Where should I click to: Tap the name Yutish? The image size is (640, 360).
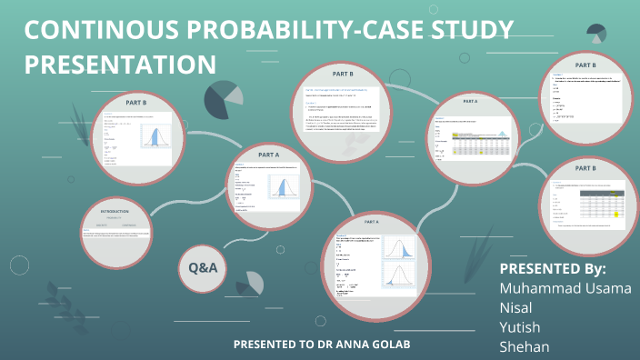click(x=521, y=327)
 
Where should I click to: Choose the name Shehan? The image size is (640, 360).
click(x=525, y=347)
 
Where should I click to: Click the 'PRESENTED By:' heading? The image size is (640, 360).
click(x=553, y=269)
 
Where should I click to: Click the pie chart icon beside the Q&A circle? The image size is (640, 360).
click(x=254, y=282)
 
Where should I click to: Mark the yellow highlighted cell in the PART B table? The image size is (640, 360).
click(x=616, y=213)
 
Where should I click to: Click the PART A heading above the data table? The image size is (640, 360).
click(x=470, y=101)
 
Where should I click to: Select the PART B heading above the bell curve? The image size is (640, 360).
click(x=142, y=103)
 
